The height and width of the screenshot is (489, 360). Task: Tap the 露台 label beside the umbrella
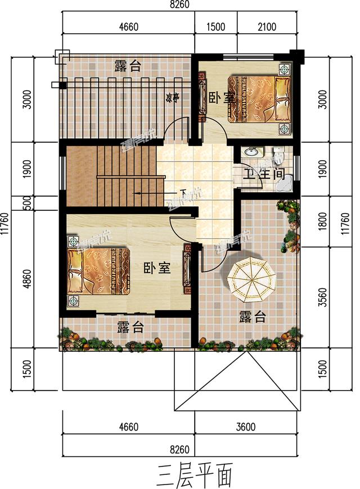click(x=251, y=317)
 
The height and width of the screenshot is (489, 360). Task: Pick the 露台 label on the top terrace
click(x=127, y=66)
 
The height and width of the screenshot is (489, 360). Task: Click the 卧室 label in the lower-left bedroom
click(x=156, y=268)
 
